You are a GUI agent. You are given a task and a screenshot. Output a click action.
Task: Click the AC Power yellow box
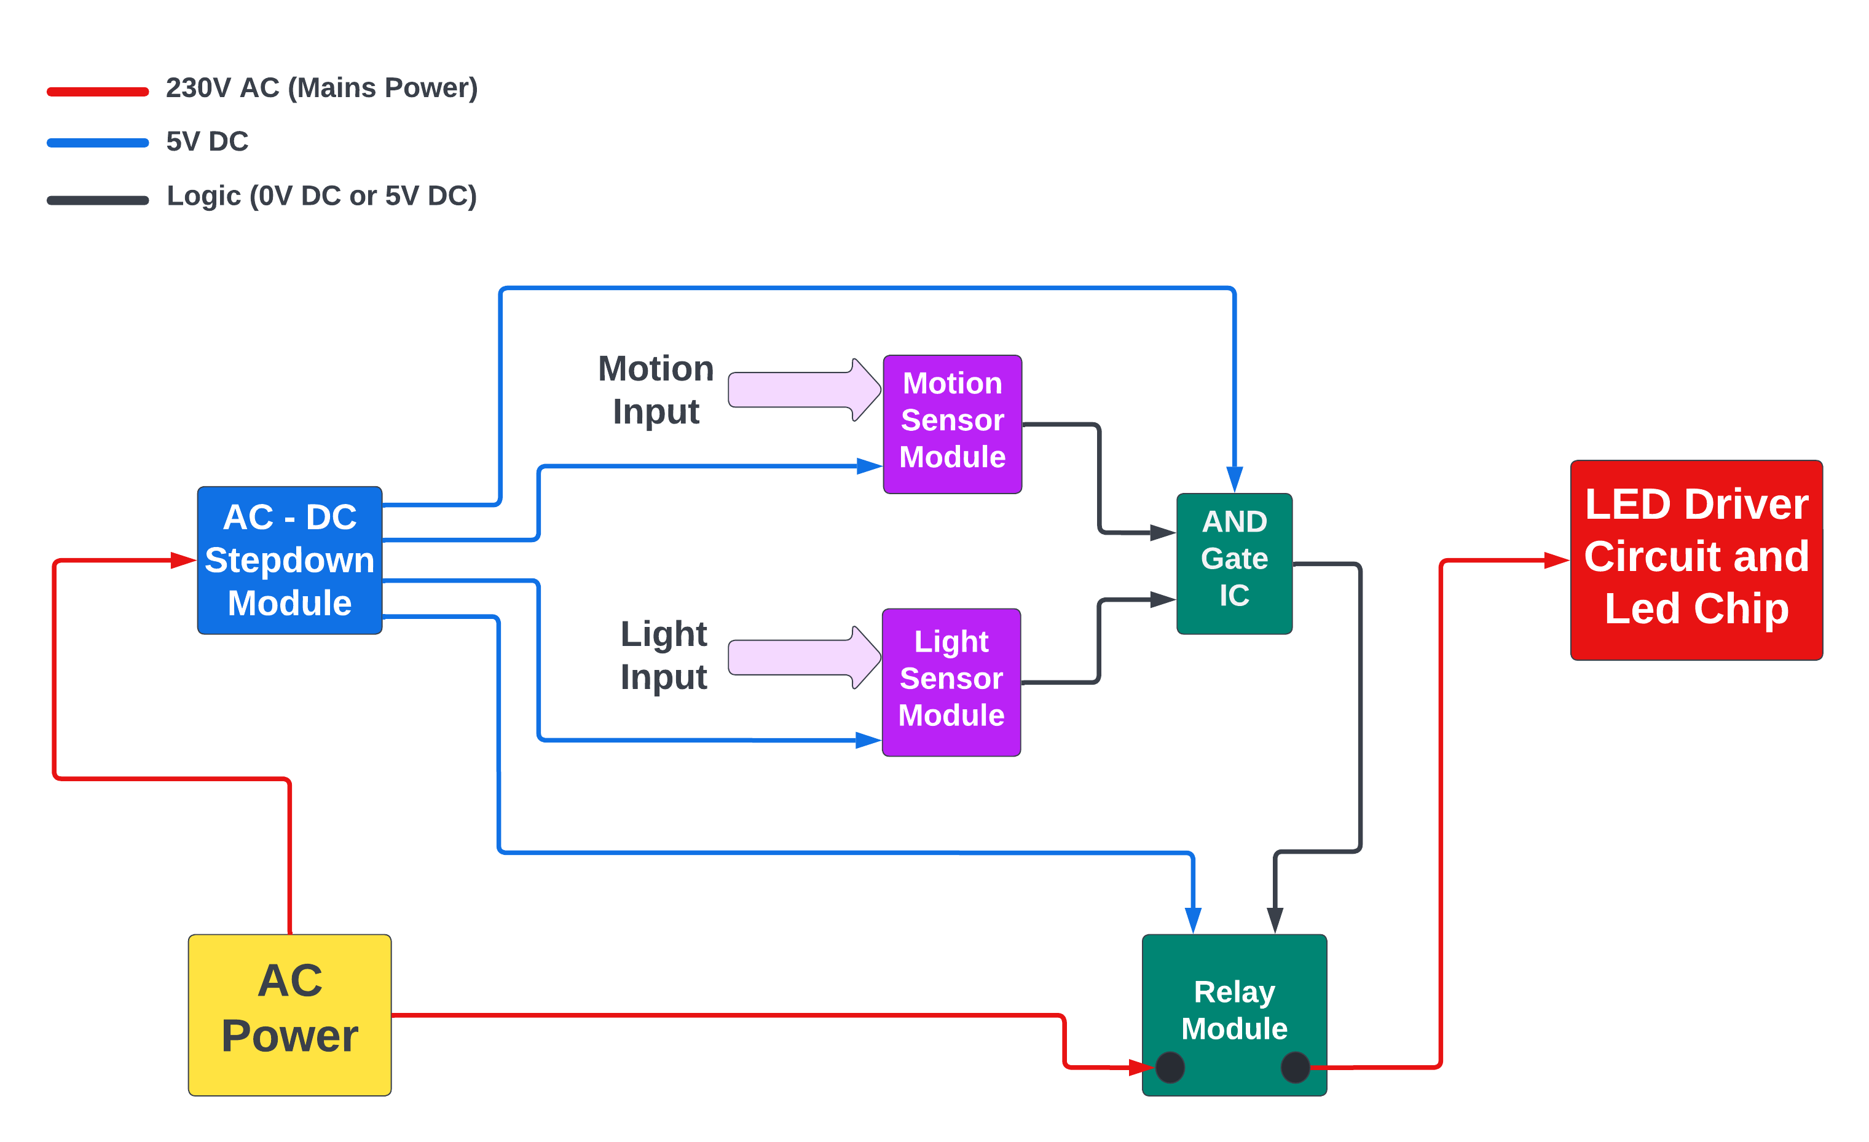click(x=289, y=1015)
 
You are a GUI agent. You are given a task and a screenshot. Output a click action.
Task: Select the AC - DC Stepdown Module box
click(x=289, y=560)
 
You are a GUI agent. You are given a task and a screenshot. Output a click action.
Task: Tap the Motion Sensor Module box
click(x=952, y=424)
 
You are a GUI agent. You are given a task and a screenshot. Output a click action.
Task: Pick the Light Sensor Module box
click(x=951, y=682)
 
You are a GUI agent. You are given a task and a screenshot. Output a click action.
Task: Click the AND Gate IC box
click(x=1234, y=563)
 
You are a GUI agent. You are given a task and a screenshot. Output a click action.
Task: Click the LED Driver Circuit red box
click(x=1696, y=560)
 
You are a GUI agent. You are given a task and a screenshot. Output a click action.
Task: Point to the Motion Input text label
click(x=656, y=390)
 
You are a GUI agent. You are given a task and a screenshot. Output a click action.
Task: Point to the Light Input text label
click(x=664, y=655)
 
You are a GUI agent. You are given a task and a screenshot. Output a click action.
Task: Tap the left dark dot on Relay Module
click(x=1170, y=1067)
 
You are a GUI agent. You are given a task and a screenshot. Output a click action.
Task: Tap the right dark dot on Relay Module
click(x=1295, y=1067)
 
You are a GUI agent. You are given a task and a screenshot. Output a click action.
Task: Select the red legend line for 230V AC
click(x=98, y=92)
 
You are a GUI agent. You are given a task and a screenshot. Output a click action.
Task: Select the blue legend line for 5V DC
click(x=98, y=143)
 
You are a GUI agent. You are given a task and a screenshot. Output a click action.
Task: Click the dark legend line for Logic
click(x=98, y=200)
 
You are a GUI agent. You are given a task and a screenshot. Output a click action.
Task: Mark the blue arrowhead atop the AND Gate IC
click(x=1234, y=479)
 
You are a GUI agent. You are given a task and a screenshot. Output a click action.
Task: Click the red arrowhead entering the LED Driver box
click(x=1557, y=561)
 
